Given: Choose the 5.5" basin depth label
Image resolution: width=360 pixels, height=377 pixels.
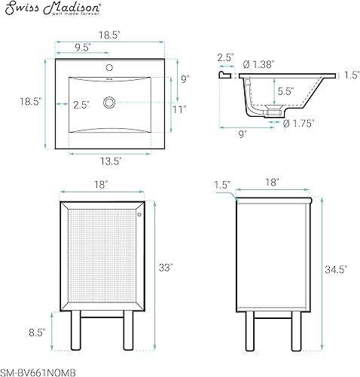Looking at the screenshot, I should (285, 90).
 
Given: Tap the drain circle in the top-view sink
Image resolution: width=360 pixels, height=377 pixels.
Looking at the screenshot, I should (111, 101).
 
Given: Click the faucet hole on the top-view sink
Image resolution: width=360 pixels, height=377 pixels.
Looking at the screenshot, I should (111, 66).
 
